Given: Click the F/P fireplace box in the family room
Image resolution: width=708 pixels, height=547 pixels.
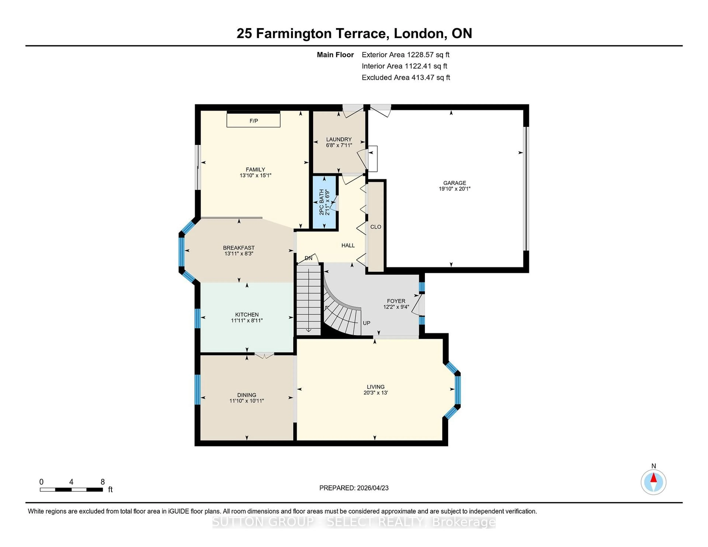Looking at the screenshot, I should pos(254,121).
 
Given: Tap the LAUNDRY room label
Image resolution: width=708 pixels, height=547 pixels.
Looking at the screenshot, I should pos(339,139).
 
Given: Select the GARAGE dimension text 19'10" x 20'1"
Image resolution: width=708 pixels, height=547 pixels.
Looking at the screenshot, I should pos(454,189).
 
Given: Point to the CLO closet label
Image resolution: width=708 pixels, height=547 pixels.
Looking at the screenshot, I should pos(376,227).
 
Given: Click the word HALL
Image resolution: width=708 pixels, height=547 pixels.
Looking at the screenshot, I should pos(348,245).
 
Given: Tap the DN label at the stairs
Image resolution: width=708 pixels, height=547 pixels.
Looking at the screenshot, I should pos(308,258).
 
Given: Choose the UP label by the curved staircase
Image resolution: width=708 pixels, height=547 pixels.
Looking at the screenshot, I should pos(366,323).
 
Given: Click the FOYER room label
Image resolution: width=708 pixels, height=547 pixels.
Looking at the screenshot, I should pos(396,301).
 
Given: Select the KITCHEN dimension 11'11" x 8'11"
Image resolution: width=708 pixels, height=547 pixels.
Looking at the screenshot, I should pos(247,320).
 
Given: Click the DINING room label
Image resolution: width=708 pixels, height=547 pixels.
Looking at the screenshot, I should pos(247,395).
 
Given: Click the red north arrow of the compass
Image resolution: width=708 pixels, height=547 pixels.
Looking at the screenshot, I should pos(654,478).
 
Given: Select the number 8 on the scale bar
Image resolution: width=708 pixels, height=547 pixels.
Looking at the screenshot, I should pos(103,482).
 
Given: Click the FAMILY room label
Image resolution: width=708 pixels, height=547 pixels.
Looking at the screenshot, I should pos(255,170).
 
